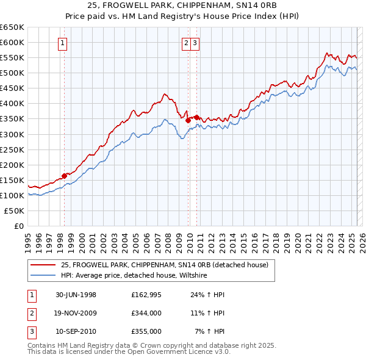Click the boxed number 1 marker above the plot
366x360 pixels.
63,43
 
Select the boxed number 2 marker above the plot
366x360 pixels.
185,43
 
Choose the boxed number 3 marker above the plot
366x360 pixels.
195,43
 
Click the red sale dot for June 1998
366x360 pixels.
64,176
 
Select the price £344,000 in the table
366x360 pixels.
146,314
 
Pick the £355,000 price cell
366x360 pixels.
146,332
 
